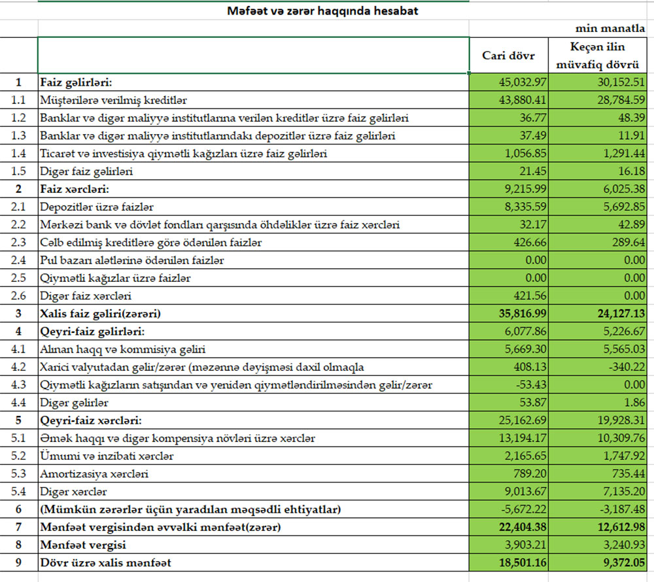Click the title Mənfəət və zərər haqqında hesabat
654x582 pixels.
(x=323, y=11)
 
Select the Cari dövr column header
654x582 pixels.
(x=508, y=56)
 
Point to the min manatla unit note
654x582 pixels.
(x=610, y=29)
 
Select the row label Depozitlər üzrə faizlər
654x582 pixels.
(x=97, y=207)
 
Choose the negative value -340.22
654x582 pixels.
(x=626, y=367)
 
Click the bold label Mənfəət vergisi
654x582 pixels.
(x=84, y=544)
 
